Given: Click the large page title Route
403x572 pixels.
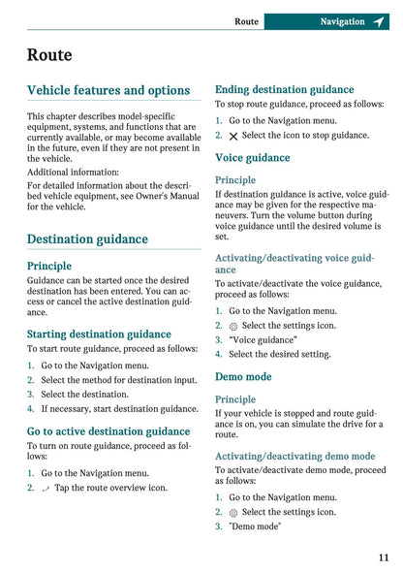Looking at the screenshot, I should [x=49, y=55].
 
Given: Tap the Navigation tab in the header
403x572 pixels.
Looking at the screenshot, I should [x=342, y=21].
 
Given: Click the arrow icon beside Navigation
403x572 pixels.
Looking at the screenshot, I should [x=378, y=21].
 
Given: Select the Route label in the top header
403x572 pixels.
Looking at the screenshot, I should [x=246, y=21].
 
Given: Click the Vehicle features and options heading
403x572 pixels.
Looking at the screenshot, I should [x=108, y=90].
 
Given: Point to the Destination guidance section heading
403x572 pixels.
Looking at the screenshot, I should [x=87, y=238].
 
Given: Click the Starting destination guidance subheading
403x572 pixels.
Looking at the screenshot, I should [x=99, y=334].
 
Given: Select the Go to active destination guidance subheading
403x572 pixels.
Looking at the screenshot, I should [x=108, y=431].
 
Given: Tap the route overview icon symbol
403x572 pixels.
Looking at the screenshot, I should [x=45, y=489].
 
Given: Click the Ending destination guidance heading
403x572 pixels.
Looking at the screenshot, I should [x=284, y=89].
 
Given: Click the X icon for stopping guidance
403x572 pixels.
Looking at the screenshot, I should [x=232, y=136].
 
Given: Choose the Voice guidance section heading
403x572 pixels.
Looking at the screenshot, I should [x=252, y=158].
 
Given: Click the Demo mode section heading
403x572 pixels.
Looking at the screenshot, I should [x=243, y=376].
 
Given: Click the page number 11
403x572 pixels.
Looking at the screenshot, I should [x=384, y=557].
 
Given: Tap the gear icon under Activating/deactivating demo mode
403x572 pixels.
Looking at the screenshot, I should [x=232, y=512].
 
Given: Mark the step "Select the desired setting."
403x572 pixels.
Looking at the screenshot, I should [x=280, y=355].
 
